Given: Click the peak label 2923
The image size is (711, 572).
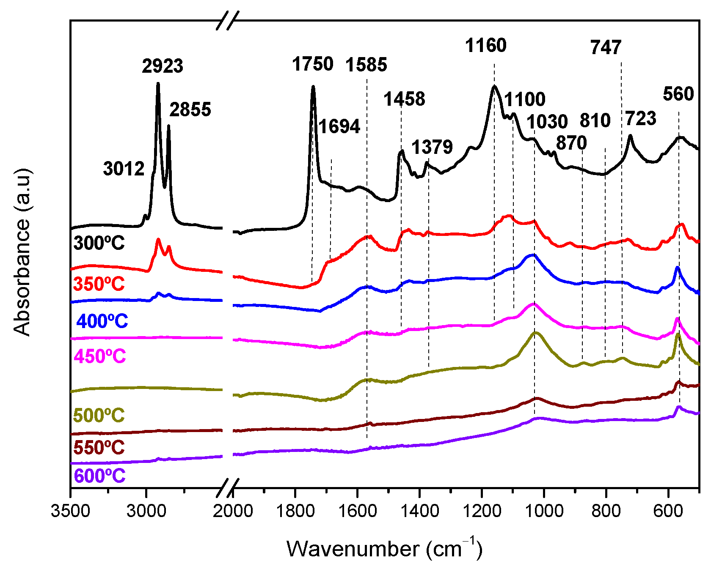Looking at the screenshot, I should coord(163,66).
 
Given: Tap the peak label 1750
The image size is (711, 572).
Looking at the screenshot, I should coord(313,64).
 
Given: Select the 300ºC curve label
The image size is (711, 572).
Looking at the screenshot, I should coord(99,244).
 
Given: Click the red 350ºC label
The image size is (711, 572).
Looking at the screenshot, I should coord(99,284).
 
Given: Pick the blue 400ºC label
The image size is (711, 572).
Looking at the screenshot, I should coord(102,321).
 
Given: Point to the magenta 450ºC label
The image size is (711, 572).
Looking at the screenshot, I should coord(100,356).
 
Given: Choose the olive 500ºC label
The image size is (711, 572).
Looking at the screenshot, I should coord(99,415).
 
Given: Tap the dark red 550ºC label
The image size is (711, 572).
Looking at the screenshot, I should coord(99,447).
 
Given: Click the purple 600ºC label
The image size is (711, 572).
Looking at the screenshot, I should coord(99,476).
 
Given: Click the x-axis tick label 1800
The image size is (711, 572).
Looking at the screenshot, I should coord(295,512).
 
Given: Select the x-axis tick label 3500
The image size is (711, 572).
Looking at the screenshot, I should coord(71,512).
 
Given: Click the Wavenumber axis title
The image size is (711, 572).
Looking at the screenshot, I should coord(384,548).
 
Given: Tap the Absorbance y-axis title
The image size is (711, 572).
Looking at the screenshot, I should coord(22,253).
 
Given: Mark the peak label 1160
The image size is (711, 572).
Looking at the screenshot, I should coord(486,45).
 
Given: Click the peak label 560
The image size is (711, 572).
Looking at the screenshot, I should coord(678,94).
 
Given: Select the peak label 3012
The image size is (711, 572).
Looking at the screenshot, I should coord(124,169).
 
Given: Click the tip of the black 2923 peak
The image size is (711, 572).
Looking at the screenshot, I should coord(158,84).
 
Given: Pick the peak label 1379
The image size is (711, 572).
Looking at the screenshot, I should coord(432,147).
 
